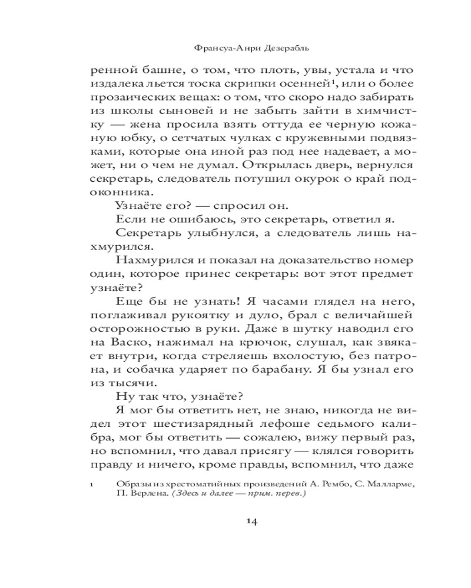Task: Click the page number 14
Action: [250, 521]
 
